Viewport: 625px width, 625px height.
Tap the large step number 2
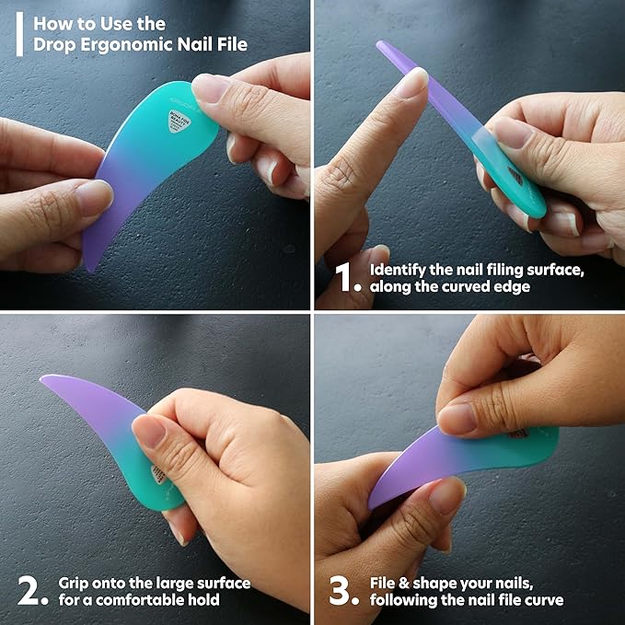point(32,591)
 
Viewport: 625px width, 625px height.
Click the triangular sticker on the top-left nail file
point(177,122)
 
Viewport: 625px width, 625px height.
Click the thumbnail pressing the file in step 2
point(148,430)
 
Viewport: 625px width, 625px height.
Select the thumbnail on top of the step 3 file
point(457,419)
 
